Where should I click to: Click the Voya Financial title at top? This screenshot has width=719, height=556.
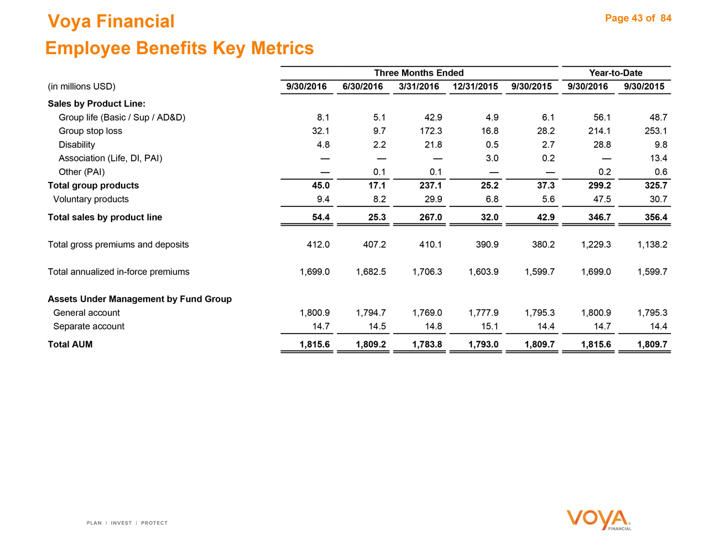(x=111, y=22)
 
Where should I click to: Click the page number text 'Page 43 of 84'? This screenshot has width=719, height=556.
(x=638, y=18)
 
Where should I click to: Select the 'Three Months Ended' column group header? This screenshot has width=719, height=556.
(x=419, y=73)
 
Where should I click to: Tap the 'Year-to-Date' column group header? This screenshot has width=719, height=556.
(x=616, y=73)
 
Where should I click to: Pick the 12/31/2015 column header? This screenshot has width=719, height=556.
(x=475, y=86)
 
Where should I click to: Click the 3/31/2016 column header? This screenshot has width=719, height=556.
(x=419, y=86)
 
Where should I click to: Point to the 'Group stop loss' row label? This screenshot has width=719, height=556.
(x=90, y=131)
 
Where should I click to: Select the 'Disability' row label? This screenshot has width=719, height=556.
(x=77, y=145)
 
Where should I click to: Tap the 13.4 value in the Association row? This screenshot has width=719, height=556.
(x=658, y=158)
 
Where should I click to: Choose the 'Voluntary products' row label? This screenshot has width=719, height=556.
(x=91, y=199)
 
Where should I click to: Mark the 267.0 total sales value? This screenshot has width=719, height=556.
(x=431, y=217)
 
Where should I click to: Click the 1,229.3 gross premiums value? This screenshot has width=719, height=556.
(x=596, y=245)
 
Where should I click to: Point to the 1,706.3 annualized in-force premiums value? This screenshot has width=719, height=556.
(x=427, y=272)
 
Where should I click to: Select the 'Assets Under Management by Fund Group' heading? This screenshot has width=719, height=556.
(x=139, y=299)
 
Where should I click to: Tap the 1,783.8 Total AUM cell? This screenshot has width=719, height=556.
(x=427, y=344)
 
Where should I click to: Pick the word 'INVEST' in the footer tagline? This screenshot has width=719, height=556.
(x=121, y=523)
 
